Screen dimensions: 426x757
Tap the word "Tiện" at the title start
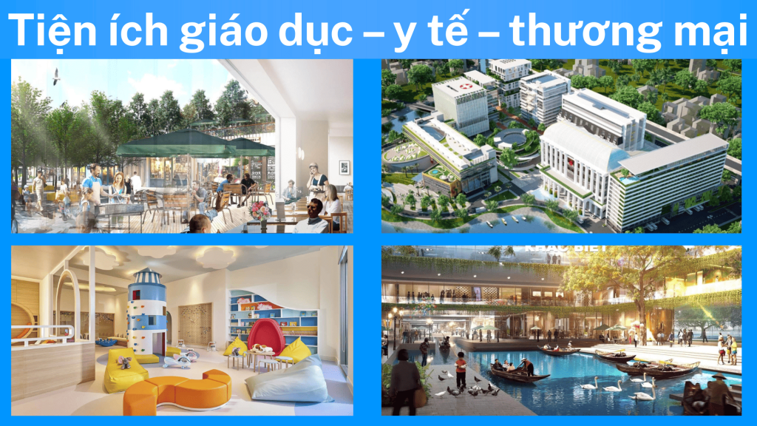tap(51, 29)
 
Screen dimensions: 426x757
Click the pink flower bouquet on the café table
tap(260, 210)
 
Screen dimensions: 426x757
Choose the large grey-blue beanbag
tap(288, 380)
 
